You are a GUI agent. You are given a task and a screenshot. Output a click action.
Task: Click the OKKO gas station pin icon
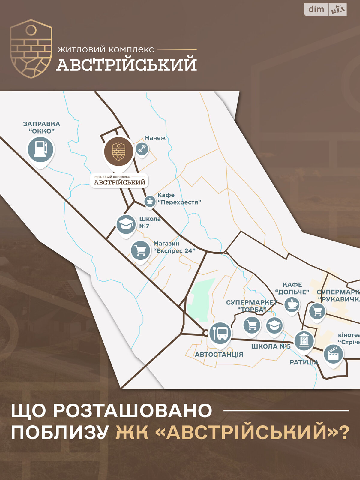[x=40, y=149]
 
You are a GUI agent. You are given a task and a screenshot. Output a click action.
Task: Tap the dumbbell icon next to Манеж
[x=142, y=148]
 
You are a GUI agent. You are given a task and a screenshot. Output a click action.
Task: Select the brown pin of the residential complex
[x=119, y=152]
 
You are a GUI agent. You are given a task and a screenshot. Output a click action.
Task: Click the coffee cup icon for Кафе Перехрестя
[x=150, y=201]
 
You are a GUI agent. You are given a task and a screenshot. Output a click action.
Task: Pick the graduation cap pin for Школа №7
[x=126, y=224]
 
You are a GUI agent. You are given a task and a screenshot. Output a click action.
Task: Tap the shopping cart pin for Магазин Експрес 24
[x=140, y=250]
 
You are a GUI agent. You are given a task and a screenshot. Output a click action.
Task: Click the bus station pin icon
[x=220, y=333]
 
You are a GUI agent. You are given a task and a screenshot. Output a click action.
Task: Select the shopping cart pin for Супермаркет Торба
[x=252, y=325]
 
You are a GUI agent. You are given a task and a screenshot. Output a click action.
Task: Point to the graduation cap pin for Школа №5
[x=274, y=326]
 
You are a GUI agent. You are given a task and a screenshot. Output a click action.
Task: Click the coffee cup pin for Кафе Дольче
[x=292, y=305]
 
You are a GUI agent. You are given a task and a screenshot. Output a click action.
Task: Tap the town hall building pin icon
[x=304, y=341]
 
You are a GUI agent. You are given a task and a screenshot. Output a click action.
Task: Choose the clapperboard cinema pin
[x=333, y=354]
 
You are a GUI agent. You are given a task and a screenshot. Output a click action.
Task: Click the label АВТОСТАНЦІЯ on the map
[x=219, y=355]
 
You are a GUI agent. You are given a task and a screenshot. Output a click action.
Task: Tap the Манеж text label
[x=155, y=138]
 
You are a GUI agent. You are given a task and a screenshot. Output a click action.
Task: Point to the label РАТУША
[x=303, y=362]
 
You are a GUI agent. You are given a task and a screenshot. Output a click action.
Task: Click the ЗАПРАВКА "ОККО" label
[x=42, y=127]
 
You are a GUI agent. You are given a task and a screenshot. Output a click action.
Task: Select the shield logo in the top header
[x=31, y=49]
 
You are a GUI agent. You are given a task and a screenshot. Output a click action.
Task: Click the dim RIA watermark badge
[x=325, y=10]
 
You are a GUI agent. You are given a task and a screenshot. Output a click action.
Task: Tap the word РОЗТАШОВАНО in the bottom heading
[x=133, y=410]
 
